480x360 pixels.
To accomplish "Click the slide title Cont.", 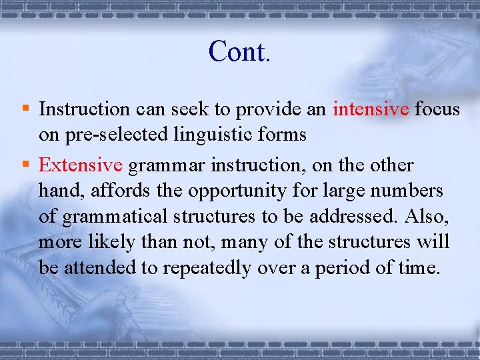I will coord(239,51).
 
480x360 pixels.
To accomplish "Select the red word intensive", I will coord(371,109).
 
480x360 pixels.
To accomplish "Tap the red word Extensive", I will coord(81,165).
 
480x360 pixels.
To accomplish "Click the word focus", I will coord(437,109).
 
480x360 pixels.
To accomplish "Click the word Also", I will coord(425,217).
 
